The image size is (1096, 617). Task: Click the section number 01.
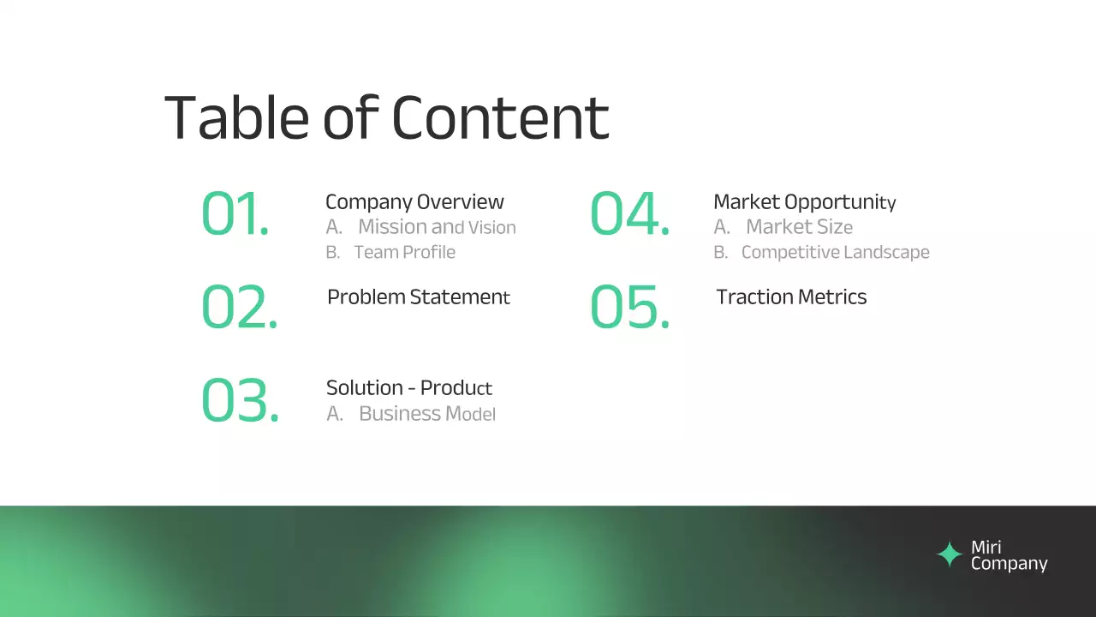(x=235, y=214)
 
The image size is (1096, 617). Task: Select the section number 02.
(x=239, y=308)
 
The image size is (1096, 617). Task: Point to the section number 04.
(x=629, y=214)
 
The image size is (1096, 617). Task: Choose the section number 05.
(x=629, y=308)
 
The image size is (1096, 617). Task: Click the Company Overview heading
(x=414, y=202)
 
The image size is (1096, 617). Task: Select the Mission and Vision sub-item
(x=436, y=227)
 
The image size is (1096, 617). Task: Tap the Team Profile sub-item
(x=404, y=252)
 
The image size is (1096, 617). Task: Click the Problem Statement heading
(x=418, y=297)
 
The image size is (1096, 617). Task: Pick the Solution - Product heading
(x=408, y=388)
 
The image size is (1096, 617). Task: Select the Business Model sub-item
(x=426, y=414)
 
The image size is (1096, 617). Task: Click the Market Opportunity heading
(x=804, y=202)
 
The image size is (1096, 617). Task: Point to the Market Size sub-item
(x=798, y=227)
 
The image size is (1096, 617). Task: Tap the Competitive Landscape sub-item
(x=835, y=252)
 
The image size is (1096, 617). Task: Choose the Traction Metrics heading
(x=791, y=297)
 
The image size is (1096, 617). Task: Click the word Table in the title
(x=235, y=117)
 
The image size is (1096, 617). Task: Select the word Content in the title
(x=500, y=117)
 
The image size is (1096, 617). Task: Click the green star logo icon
(x=949, y=555)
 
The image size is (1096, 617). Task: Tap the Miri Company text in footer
(x=1008, y=555)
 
